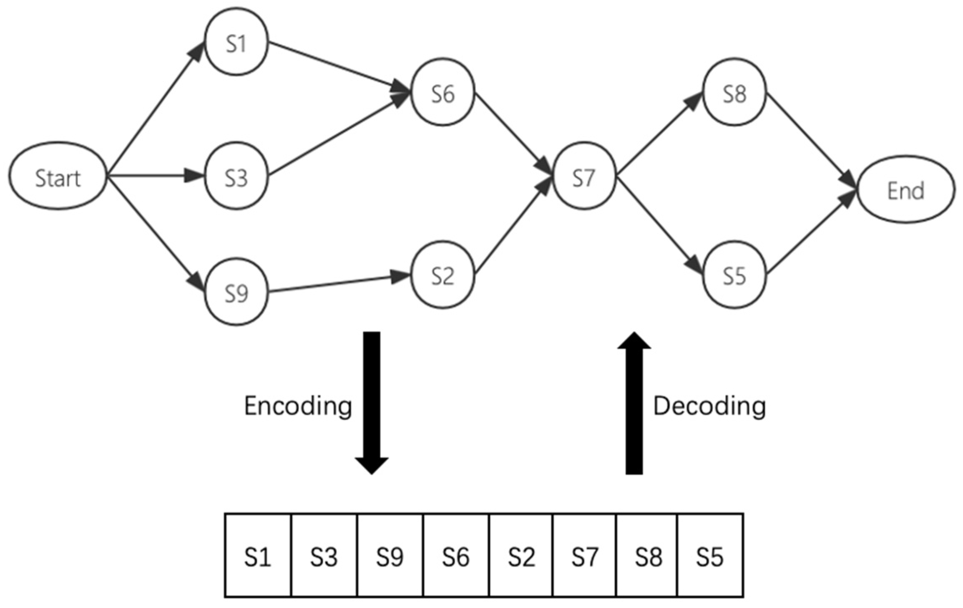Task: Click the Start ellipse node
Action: point(58,176)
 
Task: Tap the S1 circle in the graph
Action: point(236,42)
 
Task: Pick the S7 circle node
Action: point(584,176)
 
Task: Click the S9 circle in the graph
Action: point(236,292)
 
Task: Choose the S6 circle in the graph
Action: point(443,92)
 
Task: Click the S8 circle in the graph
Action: point(734,92)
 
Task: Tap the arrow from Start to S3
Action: point(154,176)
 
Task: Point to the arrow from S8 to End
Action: point(811,140)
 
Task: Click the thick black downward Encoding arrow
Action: point(372,401)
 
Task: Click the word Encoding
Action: point(298,406)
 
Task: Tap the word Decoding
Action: point(709,406)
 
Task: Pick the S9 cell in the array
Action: point(390,556)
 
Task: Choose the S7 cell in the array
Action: point(584,556)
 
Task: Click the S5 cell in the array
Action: point(710,556)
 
